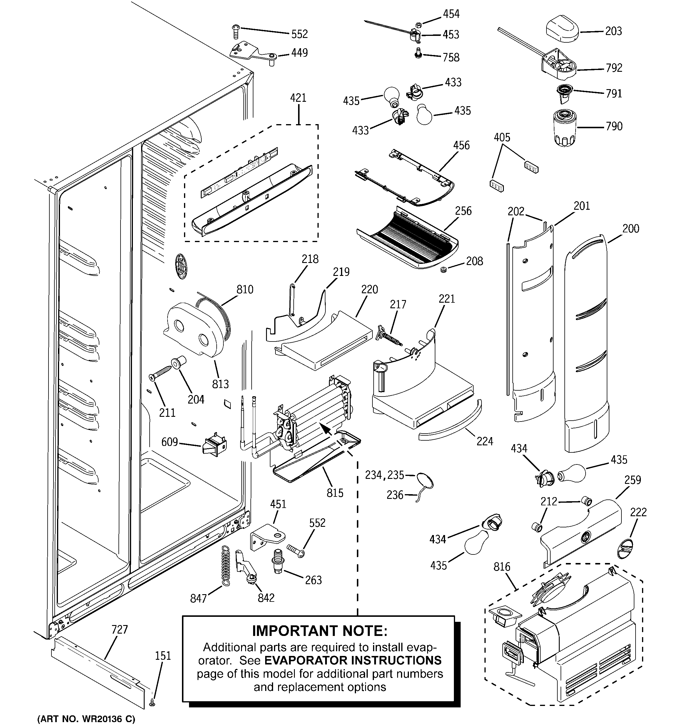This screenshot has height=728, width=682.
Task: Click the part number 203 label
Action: [x=613, y=31]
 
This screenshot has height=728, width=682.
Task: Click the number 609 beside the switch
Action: [x=170, y=442]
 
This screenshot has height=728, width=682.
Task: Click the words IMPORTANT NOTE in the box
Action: [x=320, y=631]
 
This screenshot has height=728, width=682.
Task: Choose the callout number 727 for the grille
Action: [x=120, y=629]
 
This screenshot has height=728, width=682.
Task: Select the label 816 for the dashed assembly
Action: [x=502, y=567]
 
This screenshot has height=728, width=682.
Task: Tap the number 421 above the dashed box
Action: [x=298, y=98]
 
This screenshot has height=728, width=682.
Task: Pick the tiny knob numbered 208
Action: [x=444, y=270]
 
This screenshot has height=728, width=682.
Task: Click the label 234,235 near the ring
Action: [x=385, y=475]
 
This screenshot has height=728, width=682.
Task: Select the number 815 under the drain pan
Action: [x=335, y=493]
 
